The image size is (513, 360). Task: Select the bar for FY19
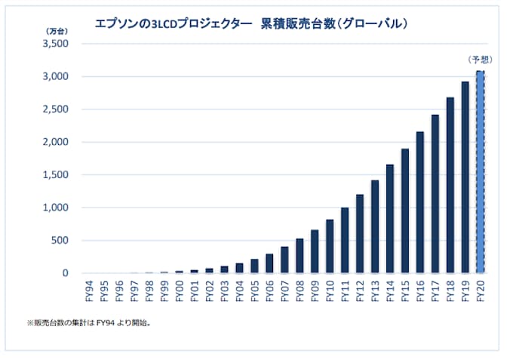(x=465, y=177)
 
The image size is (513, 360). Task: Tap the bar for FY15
(x=405, y=211)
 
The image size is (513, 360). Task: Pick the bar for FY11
(x=345, y=240)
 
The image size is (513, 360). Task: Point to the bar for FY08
(x=300, y=256)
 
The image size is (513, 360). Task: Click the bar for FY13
(x=375, y=226)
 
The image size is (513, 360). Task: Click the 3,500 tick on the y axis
(x=57, y=44)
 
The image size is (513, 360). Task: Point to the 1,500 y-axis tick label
(x=57, y=175)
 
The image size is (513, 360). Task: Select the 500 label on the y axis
(x=61, y=241)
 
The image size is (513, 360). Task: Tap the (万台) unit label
(x=56, y=31)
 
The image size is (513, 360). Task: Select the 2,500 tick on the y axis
(x=57, y=109)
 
